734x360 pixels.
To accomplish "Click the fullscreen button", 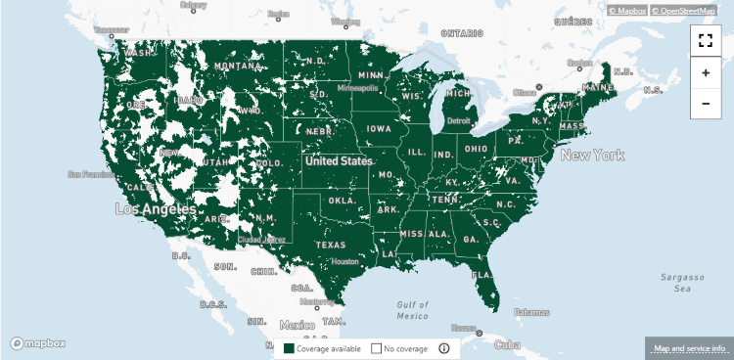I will (706, 41).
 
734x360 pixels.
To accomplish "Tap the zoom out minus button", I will (706, 103).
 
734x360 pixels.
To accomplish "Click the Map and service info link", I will (689, 348).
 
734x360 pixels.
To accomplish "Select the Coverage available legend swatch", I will (290, 348).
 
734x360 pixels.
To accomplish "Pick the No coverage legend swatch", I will (376, 348).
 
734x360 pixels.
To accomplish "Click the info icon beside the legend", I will (443, 348).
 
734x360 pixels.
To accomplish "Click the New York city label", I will (592, 156).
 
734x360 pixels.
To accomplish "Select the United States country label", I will (338, 160).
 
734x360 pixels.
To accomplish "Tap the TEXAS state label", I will (331, 245).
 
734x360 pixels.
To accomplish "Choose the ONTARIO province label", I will (463, 33).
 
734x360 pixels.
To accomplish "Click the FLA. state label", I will (483, 275).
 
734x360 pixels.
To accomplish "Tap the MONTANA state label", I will (236, 66).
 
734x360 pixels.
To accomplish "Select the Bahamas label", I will (531, 312).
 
